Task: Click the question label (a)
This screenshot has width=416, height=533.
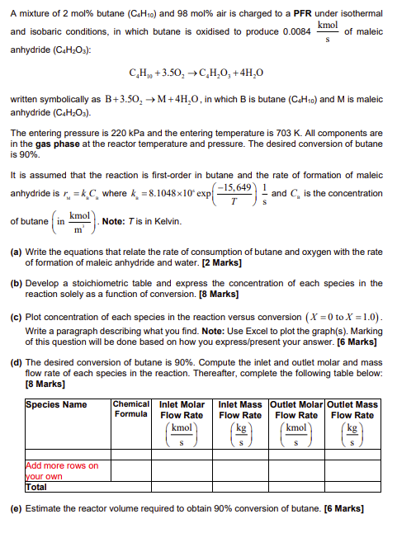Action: click(x=16, y=252)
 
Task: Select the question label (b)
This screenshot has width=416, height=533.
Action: click(x=16, y=283)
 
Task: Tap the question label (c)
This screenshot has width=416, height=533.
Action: click(x=16, y=315)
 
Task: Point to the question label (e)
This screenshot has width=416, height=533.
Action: click(x=16, y=508)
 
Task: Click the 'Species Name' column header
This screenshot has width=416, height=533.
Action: click(x=56, y=405)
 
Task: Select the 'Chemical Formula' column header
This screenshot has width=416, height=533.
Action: click(x=130, y=410)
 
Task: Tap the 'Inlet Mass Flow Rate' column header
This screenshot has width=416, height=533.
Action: click(x=239, y=410)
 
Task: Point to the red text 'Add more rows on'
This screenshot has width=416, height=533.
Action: click(x=62, y=466)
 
